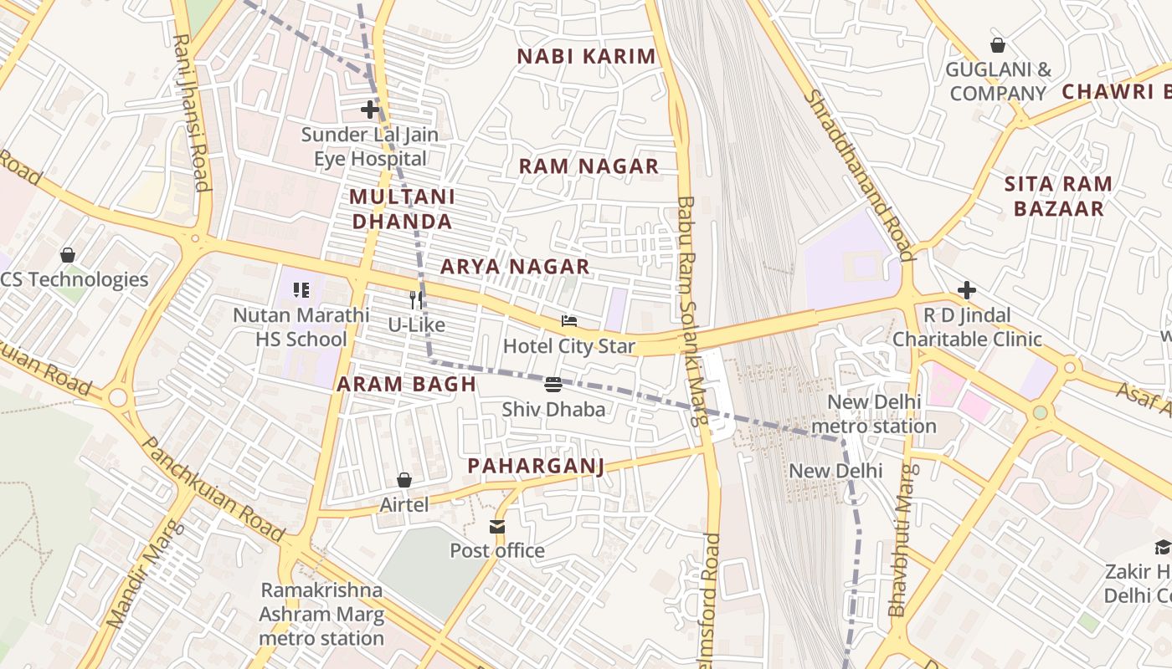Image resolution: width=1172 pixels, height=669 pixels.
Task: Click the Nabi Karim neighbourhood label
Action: coord(586,57)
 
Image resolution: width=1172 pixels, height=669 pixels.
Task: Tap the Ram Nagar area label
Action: coord(589,166)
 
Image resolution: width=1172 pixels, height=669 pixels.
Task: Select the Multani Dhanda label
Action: coord(402,209)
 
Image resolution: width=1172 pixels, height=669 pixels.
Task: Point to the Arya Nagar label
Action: coord(515,267)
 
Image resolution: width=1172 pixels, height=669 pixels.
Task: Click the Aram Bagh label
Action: coord(406,385)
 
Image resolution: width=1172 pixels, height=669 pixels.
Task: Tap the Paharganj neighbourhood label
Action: coord(536,466)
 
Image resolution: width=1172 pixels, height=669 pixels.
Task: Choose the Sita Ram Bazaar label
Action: coord(1058,196)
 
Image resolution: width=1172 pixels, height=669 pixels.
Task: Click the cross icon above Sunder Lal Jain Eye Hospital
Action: coord(369,110)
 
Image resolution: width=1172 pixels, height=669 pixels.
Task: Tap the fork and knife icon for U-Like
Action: coord(416,299)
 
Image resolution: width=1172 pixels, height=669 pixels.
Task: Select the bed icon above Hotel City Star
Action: coord(569,321)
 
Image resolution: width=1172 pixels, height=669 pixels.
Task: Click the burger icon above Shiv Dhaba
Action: coord(553,385)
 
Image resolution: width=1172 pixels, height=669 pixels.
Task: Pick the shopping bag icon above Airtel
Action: coord(404,480)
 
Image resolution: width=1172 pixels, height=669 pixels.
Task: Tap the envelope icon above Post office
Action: coord(497,526)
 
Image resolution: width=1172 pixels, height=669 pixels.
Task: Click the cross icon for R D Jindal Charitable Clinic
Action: coord(967,290)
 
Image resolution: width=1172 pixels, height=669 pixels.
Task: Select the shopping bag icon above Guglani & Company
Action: coord(997,45)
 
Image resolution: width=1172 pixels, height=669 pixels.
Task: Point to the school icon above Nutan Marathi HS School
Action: coord(301,290)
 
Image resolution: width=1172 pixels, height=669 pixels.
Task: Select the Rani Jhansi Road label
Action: coord(189,112)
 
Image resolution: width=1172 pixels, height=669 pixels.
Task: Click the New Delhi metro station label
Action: coord(874,414)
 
